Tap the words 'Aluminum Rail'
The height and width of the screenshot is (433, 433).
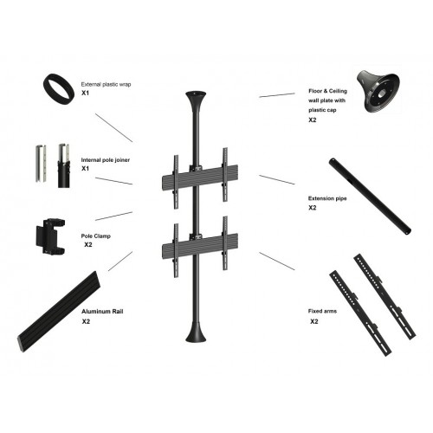point(99,311)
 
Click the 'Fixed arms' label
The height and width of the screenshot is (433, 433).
point(322,310)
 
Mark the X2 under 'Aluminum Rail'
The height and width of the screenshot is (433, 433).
point(87,321)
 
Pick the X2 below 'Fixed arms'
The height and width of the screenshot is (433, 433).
point(315,321)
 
